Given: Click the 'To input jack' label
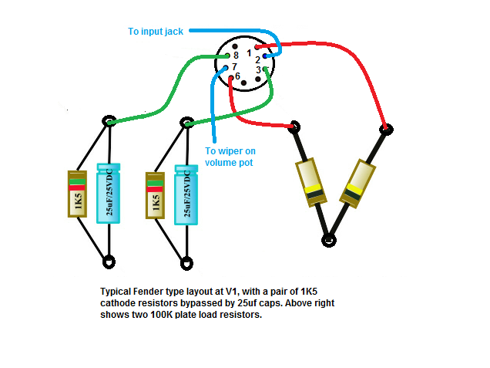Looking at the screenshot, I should click(156, 32).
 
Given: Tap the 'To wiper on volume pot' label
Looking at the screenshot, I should click(229, 157).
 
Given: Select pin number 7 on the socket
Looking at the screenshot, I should click(234, 67).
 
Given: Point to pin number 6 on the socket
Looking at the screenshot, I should click(237, 77).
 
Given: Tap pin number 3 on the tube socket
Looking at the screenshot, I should click(258, 70).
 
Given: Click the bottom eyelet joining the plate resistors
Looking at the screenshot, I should click(329, 240).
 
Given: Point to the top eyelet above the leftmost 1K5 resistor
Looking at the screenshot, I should click(109, 121).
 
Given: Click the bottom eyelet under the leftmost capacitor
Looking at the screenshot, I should click(109, 262).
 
